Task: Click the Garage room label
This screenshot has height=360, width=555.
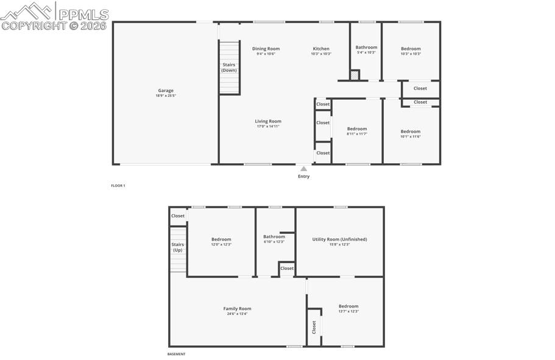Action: (166, 91)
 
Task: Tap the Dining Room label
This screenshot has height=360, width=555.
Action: (266, 49)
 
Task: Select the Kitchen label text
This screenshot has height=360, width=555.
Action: (321, 49)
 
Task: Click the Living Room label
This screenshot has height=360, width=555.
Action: (268, 121)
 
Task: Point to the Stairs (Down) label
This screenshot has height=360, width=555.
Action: (229, 67)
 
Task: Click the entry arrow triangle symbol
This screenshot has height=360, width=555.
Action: (303, 169)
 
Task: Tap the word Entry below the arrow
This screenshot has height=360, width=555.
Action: (303, 177)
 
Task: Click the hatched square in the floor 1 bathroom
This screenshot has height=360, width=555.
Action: (355, 76)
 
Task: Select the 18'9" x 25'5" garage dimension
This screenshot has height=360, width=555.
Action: (166, 96)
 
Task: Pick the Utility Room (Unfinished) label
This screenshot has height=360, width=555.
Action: (339, 239)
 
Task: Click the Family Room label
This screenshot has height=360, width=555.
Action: (237, 309)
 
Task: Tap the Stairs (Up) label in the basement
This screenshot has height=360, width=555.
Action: (177, 247)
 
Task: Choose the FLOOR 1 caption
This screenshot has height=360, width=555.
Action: (118, 185)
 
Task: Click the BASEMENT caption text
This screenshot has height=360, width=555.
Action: (177, 354)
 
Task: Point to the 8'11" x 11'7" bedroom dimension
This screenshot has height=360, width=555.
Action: (357, 133)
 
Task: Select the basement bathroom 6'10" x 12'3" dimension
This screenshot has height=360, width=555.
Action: (274, 242)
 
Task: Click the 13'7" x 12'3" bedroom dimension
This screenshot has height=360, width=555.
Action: (348, 311)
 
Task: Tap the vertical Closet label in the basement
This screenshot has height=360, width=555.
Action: (314, 327)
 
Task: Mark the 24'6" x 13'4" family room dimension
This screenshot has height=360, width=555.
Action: (237, 314)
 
